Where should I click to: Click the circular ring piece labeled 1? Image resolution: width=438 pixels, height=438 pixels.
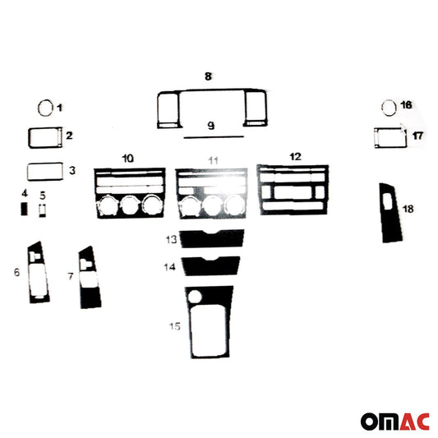click(39, 107)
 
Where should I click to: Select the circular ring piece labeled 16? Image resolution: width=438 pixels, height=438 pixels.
click(382, 108)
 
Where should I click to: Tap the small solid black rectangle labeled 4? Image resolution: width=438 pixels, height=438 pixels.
click(25, 209)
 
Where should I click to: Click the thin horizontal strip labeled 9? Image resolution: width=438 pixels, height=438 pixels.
click(214, 137)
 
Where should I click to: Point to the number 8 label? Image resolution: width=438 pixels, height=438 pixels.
click(208, 76)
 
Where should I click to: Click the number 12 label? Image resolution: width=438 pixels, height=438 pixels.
click(295, 156)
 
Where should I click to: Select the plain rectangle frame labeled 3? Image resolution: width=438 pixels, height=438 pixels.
click(28, 171)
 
